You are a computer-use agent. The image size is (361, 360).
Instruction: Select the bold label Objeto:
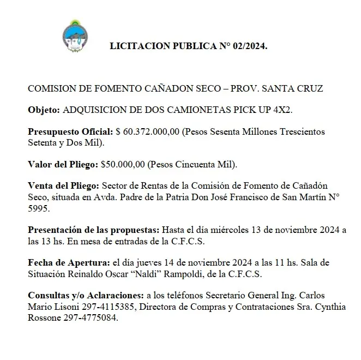[45, 110]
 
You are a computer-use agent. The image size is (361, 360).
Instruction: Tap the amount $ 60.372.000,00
[147, 131]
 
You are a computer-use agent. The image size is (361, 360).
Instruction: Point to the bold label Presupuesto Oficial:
[70, 131]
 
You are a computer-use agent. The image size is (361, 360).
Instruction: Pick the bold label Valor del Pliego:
[63, 164]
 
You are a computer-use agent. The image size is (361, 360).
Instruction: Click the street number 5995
[38, 208]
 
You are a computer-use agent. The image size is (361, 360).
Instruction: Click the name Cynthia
[328, 307]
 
